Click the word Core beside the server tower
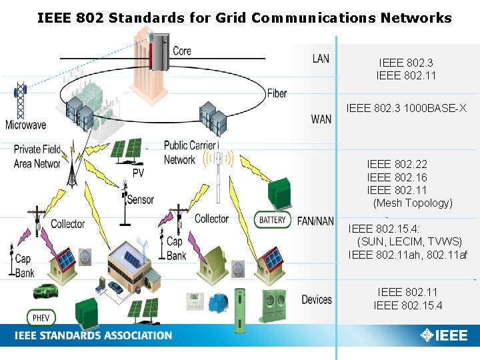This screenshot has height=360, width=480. [x=182, y=51]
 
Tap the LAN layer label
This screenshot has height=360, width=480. [x=321, y=59]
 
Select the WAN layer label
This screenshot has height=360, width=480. [x=321, y=119]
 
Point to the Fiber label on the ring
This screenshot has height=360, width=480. [x=277, y=93]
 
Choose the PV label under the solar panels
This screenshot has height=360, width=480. [x=138, y=173]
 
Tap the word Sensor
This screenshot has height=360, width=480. [x=140, y=199]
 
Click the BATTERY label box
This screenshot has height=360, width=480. [x=272, y=219]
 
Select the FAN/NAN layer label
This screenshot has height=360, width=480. [x=315, y=221]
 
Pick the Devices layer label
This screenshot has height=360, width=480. [x=317, y=300]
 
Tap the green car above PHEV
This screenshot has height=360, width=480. [x=46, y=291]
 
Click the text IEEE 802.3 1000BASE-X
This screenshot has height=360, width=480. [x=407, y=108]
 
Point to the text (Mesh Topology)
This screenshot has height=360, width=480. [x=413, y=203]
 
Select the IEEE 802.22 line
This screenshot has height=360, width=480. [x=397, y=164]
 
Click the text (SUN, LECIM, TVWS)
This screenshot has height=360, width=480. [x=409, y=241]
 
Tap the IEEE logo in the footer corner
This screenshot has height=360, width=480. [x=444, y=335]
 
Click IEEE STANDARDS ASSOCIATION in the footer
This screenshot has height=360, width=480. [x=93, y=335]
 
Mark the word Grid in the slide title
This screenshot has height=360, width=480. [x=231, y=18]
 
